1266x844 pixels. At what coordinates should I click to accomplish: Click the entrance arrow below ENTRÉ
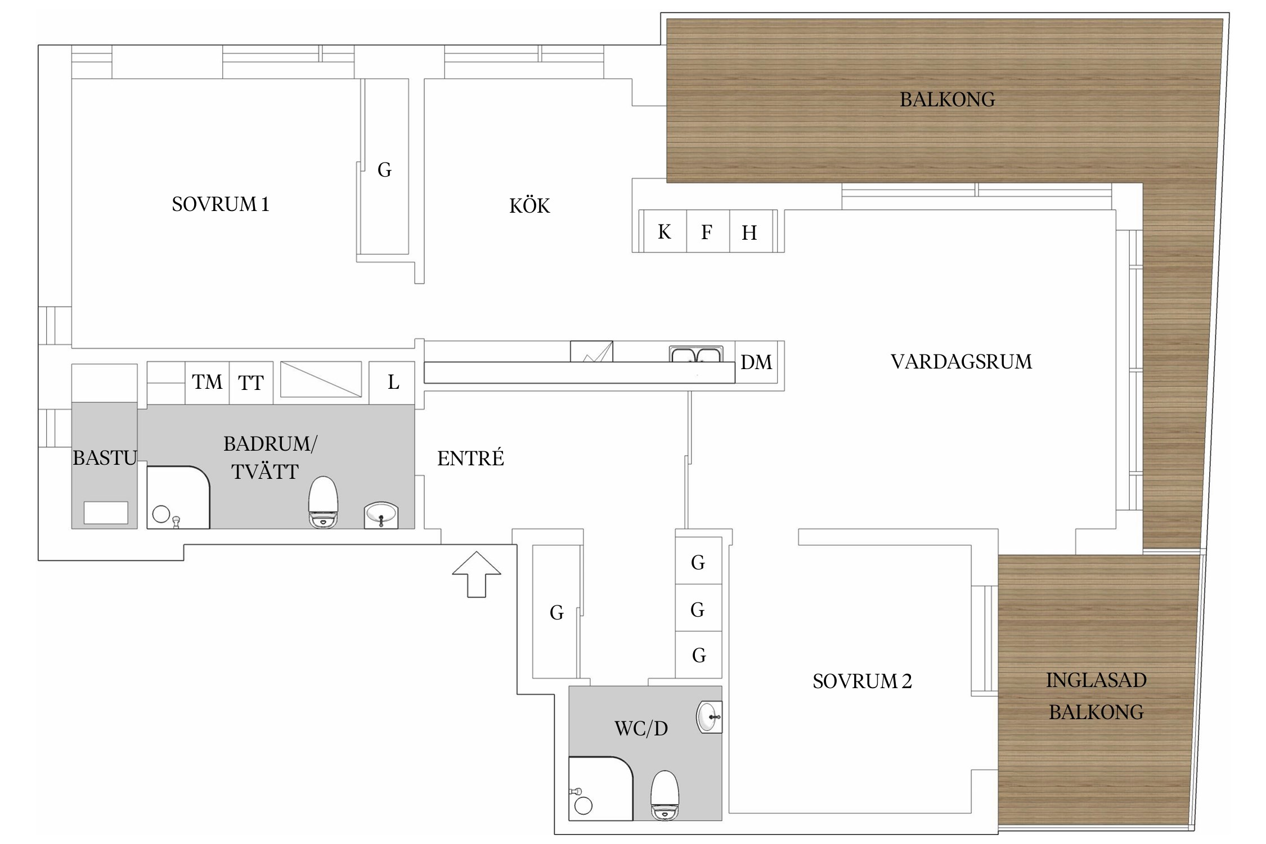pyautogui.click(x=477, y=574)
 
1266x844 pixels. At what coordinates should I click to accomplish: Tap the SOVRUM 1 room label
pyautogui.click(x=221, y=204)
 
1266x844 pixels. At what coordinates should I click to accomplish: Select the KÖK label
pyautogui.click(x=529, y=205)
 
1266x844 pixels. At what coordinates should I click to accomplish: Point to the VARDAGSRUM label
pyautogui.click(x=961, y=361)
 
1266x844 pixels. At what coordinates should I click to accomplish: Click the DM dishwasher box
pyautogui.click(x=756, y=362)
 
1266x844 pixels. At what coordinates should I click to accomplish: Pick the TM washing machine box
pyautogui.click(x=207, y=383)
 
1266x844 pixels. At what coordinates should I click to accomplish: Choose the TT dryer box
pyautogui.click(x=251, y=383)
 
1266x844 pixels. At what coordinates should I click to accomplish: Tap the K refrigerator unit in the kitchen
pyautogui.click(x=664, y=231)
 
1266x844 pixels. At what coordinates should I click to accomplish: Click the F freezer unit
pyautogui.click(x=708, y=231)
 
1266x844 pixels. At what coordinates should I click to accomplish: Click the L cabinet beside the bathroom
pyautogui.click(x=392, y=383)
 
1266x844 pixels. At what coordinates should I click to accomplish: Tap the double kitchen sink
pyautogui.click(x=696, y=354)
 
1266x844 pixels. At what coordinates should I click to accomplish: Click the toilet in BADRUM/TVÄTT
pyautogui.click(x=324, y=502)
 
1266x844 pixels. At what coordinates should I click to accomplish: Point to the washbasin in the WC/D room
pyautogui.click(x=709, y=717)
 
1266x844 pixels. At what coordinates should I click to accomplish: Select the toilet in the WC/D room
pyautogui.click(x=665, y=795)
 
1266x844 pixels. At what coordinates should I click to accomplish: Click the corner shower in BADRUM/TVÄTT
pyautogui.click(x=178, y=497)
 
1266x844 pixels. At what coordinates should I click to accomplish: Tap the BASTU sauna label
pyautogui.click(x=105, y=458)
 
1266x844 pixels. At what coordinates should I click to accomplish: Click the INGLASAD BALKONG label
pyautogui.click(x=1096, y=696)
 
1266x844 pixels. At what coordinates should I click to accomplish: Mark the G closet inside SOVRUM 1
pyautogui.click(x=385, y=167)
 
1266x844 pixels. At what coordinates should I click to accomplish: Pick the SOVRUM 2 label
pyautogui.click(x=862, y=681)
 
